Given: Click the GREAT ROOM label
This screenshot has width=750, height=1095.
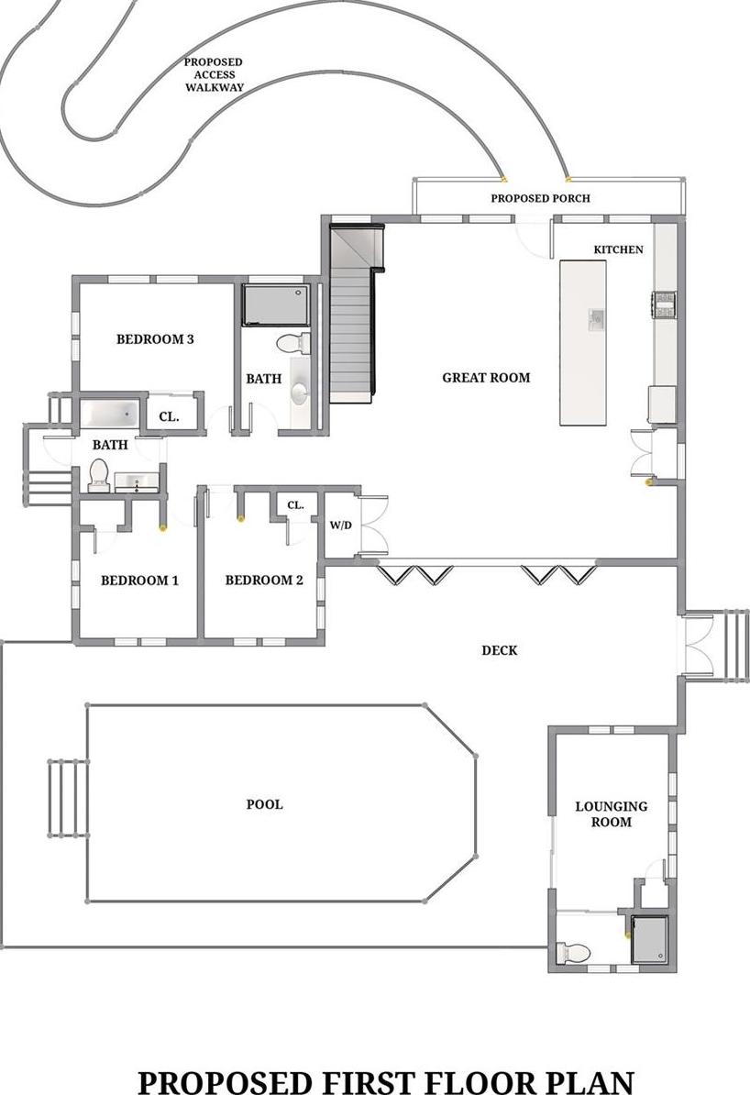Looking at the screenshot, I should coord(486,377).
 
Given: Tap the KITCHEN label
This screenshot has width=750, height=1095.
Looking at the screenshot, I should coord(618,249).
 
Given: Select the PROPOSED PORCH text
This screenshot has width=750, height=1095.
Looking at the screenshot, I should coord(540,198).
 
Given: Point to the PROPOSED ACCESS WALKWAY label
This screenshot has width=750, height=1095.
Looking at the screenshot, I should coord(214,75).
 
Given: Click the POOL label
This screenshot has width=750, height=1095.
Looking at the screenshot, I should coord(264,804).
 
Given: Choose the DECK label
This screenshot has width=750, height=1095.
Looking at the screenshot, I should coord(500,650).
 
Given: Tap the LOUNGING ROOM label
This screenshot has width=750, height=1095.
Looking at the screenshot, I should coord(611,813).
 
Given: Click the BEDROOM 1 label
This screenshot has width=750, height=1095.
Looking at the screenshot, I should coord(139,580).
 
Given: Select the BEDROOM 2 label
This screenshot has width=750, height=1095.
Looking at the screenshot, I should coord(264,580).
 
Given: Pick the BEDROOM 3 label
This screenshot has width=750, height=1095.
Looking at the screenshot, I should coord(155,338).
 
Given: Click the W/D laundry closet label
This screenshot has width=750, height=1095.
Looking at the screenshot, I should coord(339,525).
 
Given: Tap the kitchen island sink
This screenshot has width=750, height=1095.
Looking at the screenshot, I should coord(596,318).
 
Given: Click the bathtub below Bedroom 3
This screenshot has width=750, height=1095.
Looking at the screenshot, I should coord(109,414).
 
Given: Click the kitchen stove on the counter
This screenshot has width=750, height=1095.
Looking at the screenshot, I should coord(664,304).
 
